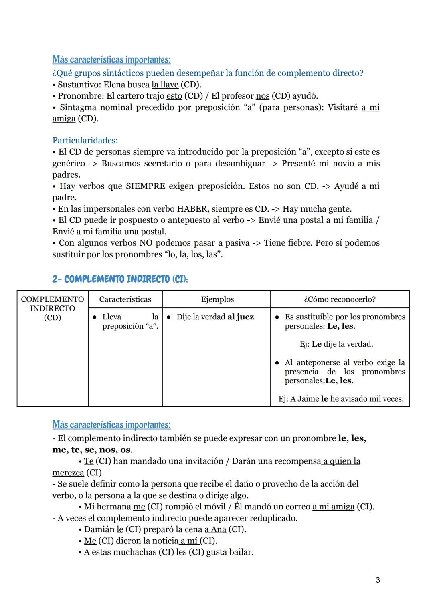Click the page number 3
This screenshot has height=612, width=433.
coord(378,580)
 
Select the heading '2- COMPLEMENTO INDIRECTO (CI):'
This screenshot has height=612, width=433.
coord(120,279)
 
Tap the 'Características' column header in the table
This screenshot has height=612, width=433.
coord(125,299)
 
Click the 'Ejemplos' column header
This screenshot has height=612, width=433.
coord(217,299)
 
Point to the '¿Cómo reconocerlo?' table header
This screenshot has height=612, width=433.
coord(340,299)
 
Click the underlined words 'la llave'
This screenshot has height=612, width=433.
coord(165,85)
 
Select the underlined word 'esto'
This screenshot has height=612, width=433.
coord(174,96)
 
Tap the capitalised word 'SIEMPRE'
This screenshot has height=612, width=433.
coord(145,186)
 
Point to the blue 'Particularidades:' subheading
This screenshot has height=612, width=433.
coord(85,141)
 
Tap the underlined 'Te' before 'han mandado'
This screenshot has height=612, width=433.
coord(89,461)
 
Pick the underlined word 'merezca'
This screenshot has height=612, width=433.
coord(68,473)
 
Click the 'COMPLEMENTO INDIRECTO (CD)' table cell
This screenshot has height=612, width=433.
coord(52,309)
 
